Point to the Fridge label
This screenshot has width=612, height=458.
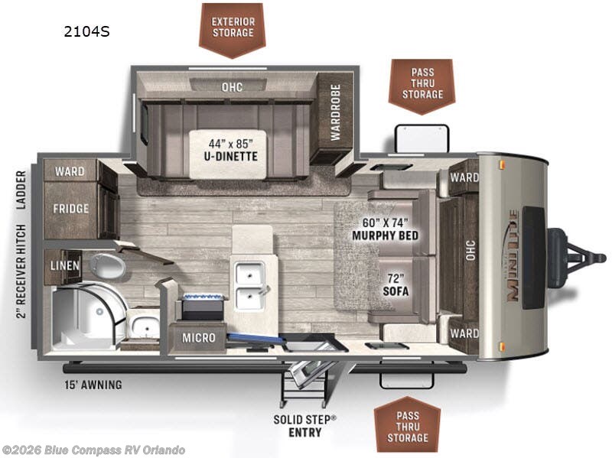71,208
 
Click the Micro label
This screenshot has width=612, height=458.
199,337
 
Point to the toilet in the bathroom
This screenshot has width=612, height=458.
107,265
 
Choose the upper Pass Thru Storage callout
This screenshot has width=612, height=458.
422,83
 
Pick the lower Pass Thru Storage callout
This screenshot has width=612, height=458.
408,426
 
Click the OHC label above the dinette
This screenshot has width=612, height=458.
233,87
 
